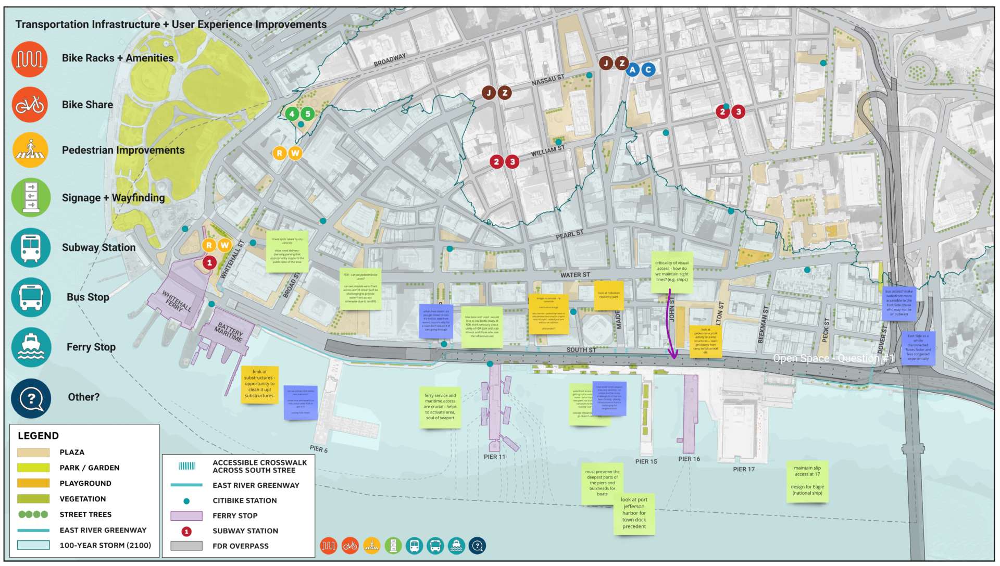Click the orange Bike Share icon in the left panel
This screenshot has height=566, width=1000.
tap(30, 105)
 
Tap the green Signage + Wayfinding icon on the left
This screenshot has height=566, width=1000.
tap(31, 197)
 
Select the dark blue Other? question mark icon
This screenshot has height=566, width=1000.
tap(31, 398)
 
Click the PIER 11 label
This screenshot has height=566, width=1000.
tap(494, 457)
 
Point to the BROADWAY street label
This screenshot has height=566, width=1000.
tap(390, 60)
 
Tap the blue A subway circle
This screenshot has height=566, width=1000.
tap(632, 70)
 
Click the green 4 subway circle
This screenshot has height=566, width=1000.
tap(292, 114)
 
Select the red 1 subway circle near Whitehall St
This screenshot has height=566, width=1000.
tap(209, 262)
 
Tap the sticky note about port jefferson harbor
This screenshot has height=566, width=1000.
tap(634, 513)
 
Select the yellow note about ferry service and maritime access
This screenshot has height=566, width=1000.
tap(440, 407)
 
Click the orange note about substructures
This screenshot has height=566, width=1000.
tap(259, 384)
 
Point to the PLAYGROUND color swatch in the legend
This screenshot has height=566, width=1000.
tap(33, 483)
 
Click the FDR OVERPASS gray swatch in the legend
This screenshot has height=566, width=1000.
tap(186, 546)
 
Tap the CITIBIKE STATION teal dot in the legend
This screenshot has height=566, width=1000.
tap(186, 501)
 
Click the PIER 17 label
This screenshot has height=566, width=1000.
tap(744, 469)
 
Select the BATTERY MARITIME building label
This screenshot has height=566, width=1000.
tap(229, 331)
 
